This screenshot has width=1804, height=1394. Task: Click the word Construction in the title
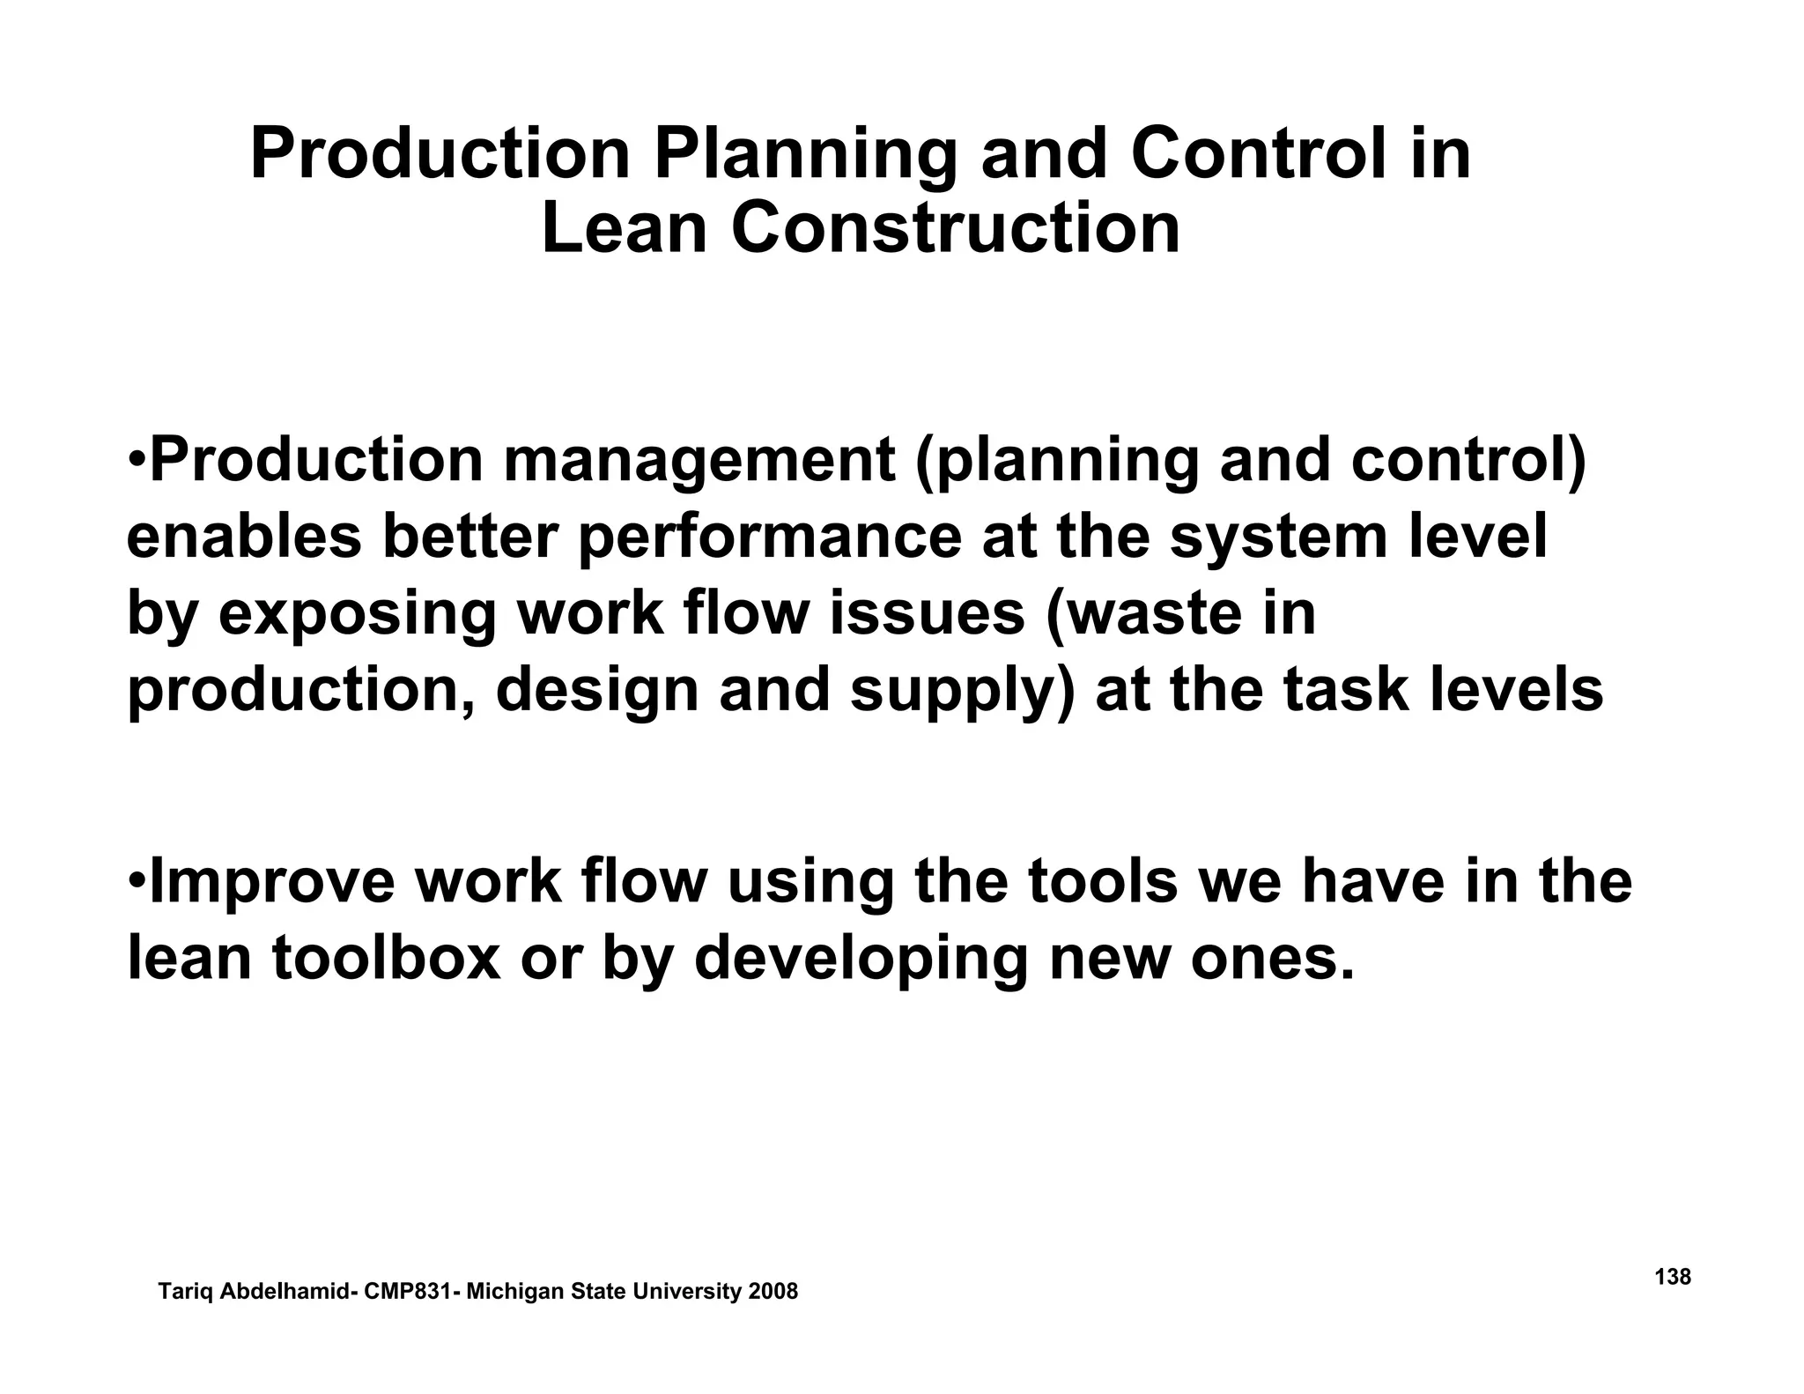click(955, 229)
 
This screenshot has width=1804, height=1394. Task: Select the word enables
click(244, 538)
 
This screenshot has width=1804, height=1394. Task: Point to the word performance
click(771, 539)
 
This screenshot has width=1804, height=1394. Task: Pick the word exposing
click(358, 615)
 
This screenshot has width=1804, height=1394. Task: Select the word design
click(596, 692)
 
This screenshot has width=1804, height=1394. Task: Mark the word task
click(1345, 690)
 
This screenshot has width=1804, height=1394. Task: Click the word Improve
click(273, 884)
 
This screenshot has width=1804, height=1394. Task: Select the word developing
click(861, 960)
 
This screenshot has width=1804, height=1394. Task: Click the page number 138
click(1673, 1276)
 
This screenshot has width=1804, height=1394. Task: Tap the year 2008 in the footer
click(773, 1292)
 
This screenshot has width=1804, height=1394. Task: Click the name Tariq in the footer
click(186, 1293)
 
